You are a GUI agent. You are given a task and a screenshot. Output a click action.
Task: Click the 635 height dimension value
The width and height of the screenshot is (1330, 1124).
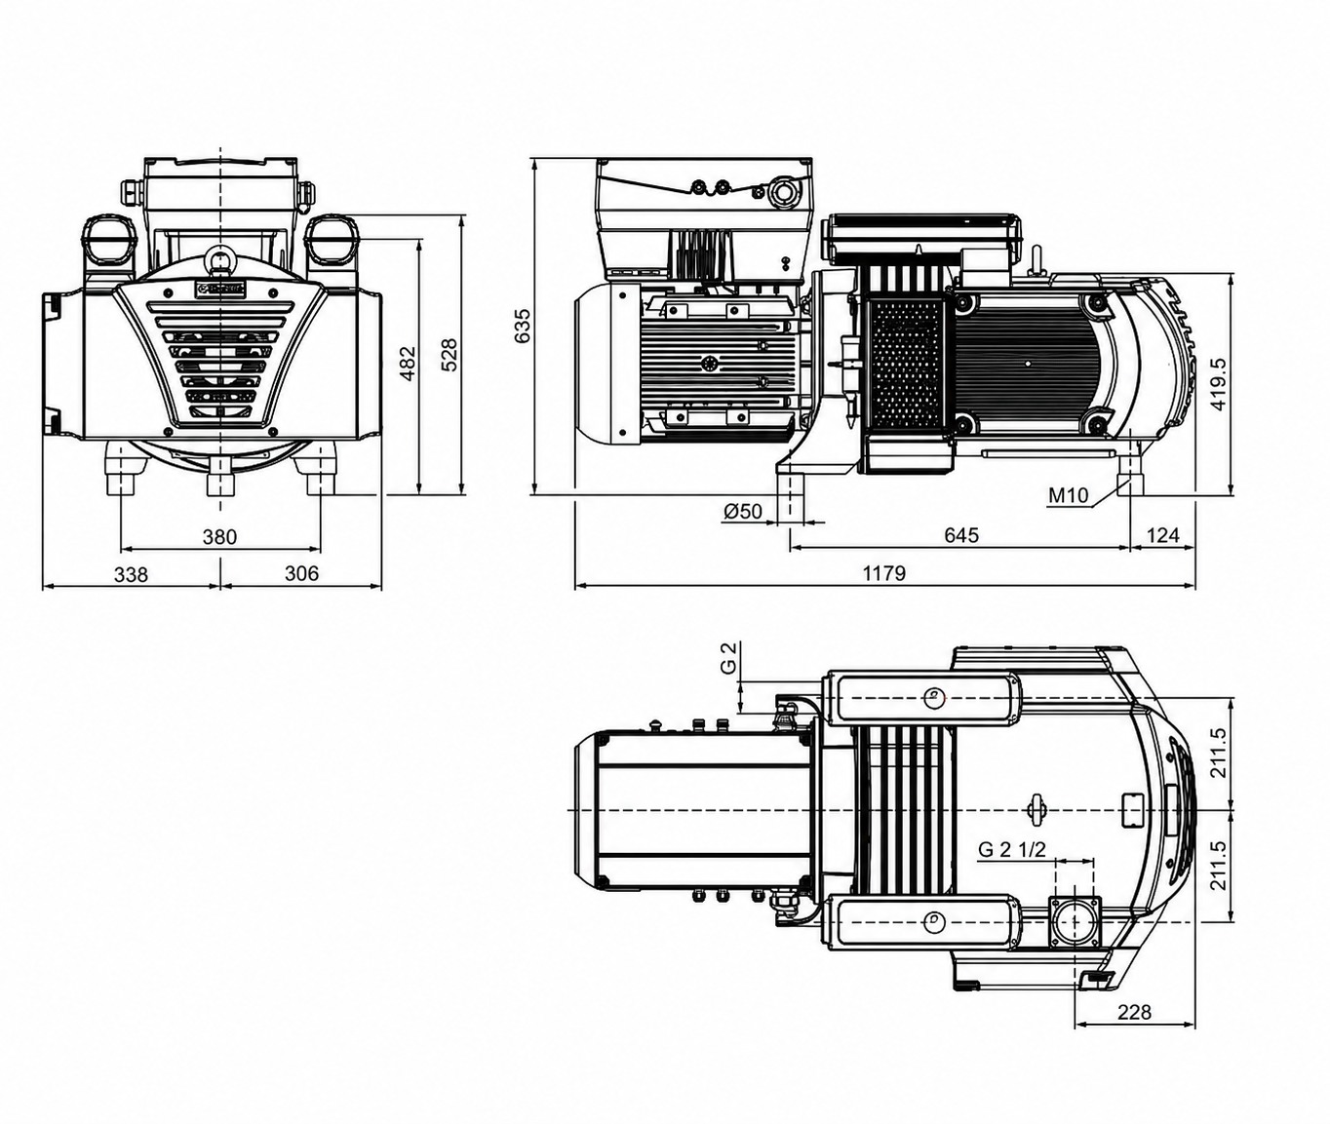524,326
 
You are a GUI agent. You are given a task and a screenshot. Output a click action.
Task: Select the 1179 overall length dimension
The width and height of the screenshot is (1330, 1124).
884,572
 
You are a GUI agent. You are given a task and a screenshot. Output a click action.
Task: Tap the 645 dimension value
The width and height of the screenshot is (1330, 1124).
961,534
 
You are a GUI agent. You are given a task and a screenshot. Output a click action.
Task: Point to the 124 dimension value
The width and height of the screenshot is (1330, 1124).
1162,534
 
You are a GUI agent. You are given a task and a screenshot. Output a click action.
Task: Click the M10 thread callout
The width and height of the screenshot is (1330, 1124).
1069,495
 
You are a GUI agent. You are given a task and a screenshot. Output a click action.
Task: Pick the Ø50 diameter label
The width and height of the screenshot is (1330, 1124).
743,512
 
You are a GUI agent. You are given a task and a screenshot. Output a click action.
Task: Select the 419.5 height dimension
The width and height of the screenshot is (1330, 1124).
1219,385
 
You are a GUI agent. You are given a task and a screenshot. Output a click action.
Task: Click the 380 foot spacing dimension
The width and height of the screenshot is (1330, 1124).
220,536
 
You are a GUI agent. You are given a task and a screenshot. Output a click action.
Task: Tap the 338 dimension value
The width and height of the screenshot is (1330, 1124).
132,573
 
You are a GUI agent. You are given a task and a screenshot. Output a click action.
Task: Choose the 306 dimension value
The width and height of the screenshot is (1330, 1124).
301,572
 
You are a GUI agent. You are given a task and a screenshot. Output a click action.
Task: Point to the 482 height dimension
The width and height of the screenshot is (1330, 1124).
408,364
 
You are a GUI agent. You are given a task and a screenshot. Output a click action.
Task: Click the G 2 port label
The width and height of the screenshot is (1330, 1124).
727,658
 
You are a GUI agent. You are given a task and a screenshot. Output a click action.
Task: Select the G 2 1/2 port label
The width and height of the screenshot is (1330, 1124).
1012,849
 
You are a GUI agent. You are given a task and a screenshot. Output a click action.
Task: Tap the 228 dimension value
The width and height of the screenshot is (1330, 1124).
1134,1012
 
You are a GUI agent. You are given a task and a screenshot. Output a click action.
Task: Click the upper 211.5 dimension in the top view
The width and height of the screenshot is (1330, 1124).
1219,753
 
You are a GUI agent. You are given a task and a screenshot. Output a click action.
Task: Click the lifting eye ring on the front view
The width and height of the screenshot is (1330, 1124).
220,259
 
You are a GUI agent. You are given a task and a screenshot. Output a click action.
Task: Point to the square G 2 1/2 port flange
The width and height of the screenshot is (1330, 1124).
1074,921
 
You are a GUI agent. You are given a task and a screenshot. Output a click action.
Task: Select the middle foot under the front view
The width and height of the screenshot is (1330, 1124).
221,476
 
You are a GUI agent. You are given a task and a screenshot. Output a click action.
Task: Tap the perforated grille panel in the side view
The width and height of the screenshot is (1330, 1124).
909,365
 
